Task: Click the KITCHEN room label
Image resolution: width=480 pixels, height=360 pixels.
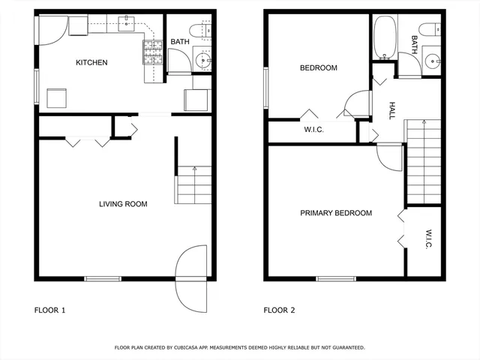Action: point(91,63)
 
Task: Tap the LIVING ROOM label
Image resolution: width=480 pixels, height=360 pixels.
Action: point(124,204)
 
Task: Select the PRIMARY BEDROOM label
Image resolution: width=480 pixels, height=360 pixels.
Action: point(336,213)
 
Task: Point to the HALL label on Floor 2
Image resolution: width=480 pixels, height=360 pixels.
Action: point(391,112)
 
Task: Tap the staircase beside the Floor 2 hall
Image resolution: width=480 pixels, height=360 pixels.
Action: point(423,161)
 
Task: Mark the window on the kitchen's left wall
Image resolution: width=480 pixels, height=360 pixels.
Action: point(36,86)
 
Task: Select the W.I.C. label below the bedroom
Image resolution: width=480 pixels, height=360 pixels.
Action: point(313,130)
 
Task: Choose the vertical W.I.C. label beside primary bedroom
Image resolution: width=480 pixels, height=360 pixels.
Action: point(427,240)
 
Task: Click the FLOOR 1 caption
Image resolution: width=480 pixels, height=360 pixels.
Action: point(50,310)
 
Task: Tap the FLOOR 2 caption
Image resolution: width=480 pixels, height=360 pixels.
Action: point(279,310)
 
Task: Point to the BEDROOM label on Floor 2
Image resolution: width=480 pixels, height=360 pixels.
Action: point(318,68)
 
